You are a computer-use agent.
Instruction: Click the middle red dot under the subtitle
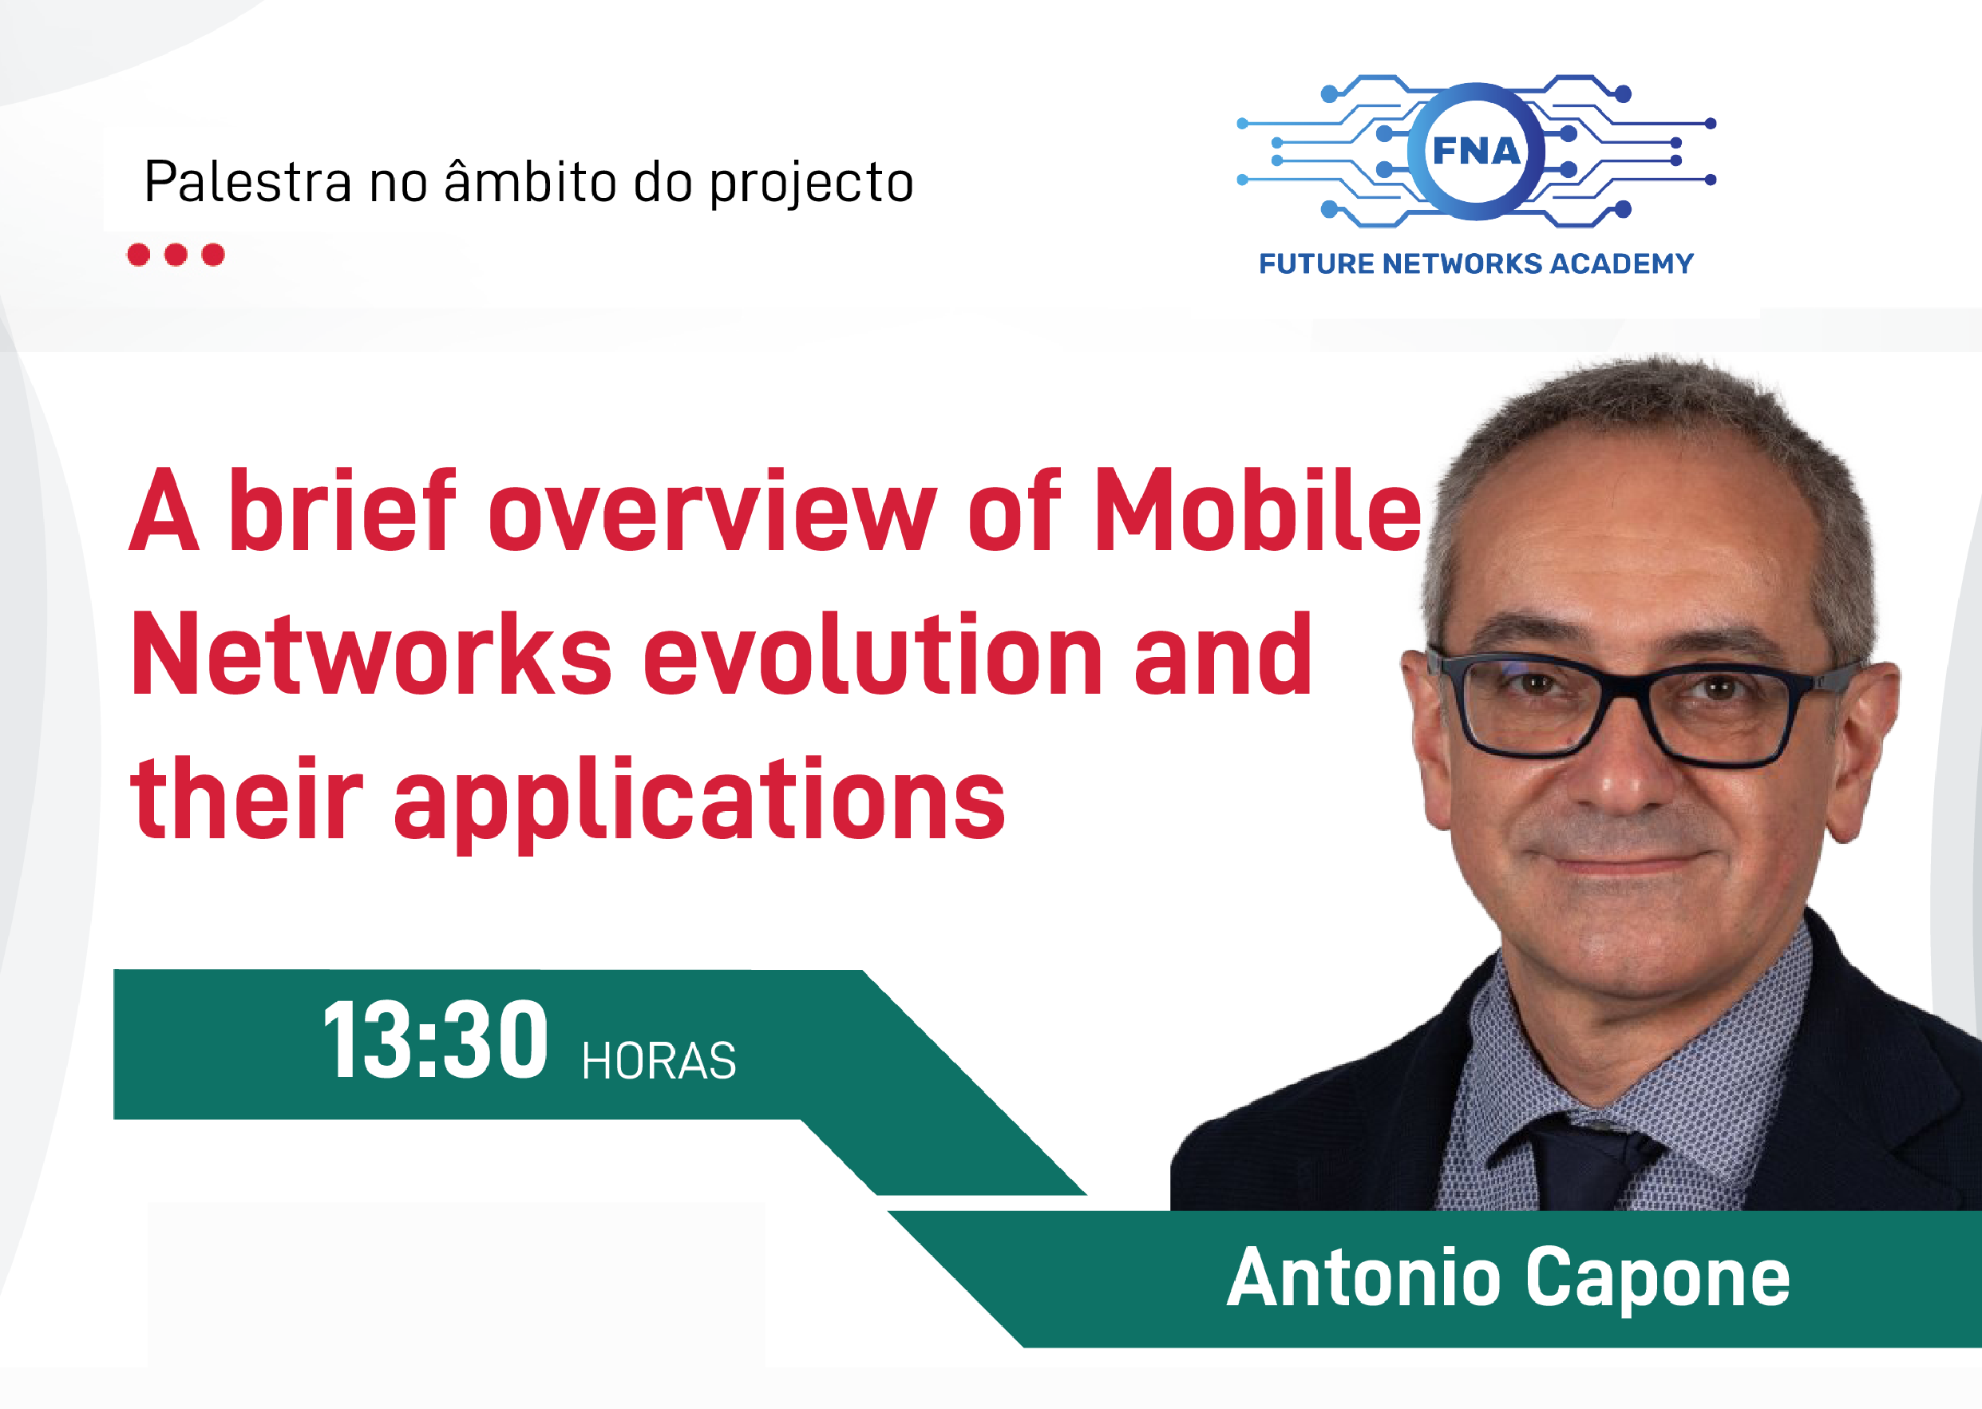176,254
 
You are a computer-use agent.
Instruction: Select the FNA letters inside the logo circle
1476,151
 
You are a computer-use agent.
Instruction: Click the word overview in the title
713,512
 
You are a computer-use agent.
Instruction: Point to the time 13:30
435,1040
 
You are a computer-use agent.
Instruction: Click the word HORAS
659,1061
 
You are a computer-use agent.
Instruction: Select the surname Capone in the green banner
1658,1280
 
